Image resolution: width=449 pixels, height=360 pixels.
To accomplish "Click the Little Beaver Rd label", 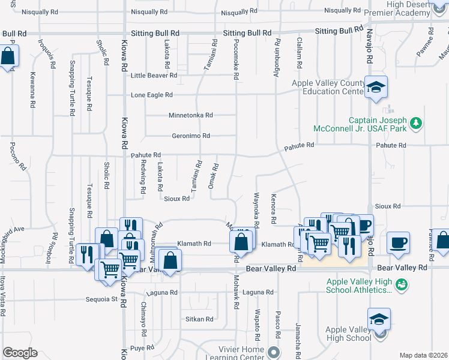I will pyautogui.click(x=154, y=76).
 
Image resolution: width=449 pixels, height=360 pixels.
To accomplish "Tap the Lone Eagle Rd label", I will pyautogui.click(x=152, y=95).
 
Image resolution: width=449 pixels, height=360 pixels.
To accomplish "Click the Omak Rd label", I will pyautogui.click(x=211, y=176).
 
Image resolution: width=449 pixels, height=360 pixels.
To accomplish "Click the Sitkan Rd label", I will pyautogui.click(x=199, y=319).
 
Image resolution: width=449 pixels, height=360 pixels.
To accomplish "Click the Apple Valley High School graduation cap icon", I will pyautogui.click(x=379, y=318).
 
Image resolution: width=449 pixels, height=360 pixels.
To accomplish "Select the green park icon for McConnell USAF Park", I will pyautogui.click(x=415, y=124).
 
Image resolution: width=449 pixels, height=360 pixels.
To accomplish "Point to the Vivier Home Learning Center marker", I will pyautogui.click(x=274, y=352).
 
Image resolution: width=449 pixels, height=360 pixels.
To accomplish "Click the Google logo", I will pyautogui.click(x=20, y=352).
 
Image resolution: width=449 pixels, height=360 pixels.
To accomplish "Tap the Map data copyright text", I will pyautogui.click(x=424, y=355).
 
